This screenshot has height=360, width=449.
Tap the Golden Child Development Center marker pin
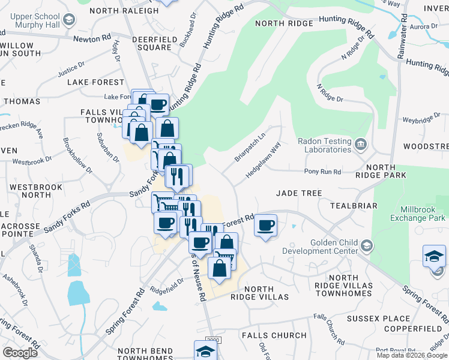[367, 245]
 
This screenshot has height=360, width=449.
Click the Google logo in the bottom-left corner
[20, 352]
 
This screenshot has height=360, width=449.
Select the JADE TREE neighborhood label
[299, 193]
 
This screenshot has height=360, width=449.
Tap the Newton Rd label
[92, 38]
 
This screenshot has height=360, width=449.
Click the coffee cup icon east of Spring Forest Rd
[265, 226]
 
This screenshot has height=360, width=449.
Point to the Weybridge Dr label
[421, 120]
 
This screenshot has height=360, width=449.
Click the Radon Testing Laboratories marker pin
[360, 143]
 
